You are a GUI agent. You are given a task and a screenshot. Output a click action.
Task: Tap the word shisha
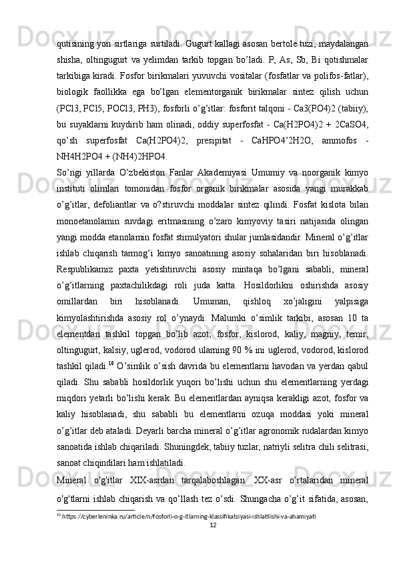(71, 43)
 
